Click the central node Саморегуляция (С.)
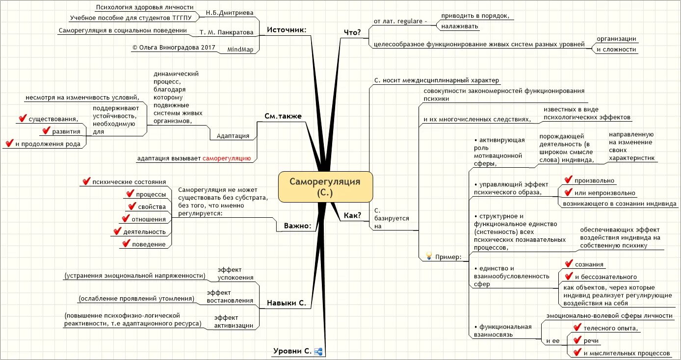[x=325, y=186]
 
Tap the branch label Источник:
[x=287, y=30]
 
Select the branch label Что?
[x=352, y=32]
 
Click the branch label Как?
[x=352, y=215]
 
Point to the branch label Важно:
[x=297, y=226]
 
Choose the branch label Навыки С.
[x=286, y=303]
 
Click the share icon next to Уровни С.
[x=318, y=351]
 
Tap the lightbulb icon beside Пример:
[x=428, y=256]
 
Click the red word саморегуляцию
[x=227, y=158]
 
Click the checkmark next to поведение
[x=127, y=243]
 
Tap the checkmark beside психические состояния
[x=86, y=181]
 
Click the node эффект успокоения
[x=236, y=273]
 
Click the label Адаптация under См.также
[x=230, y=136]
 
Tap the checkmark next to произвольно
[x=569, y=180]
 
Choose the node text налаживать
[x=460, y=26]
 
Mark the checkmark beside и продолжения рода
[x=9, y=143]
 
